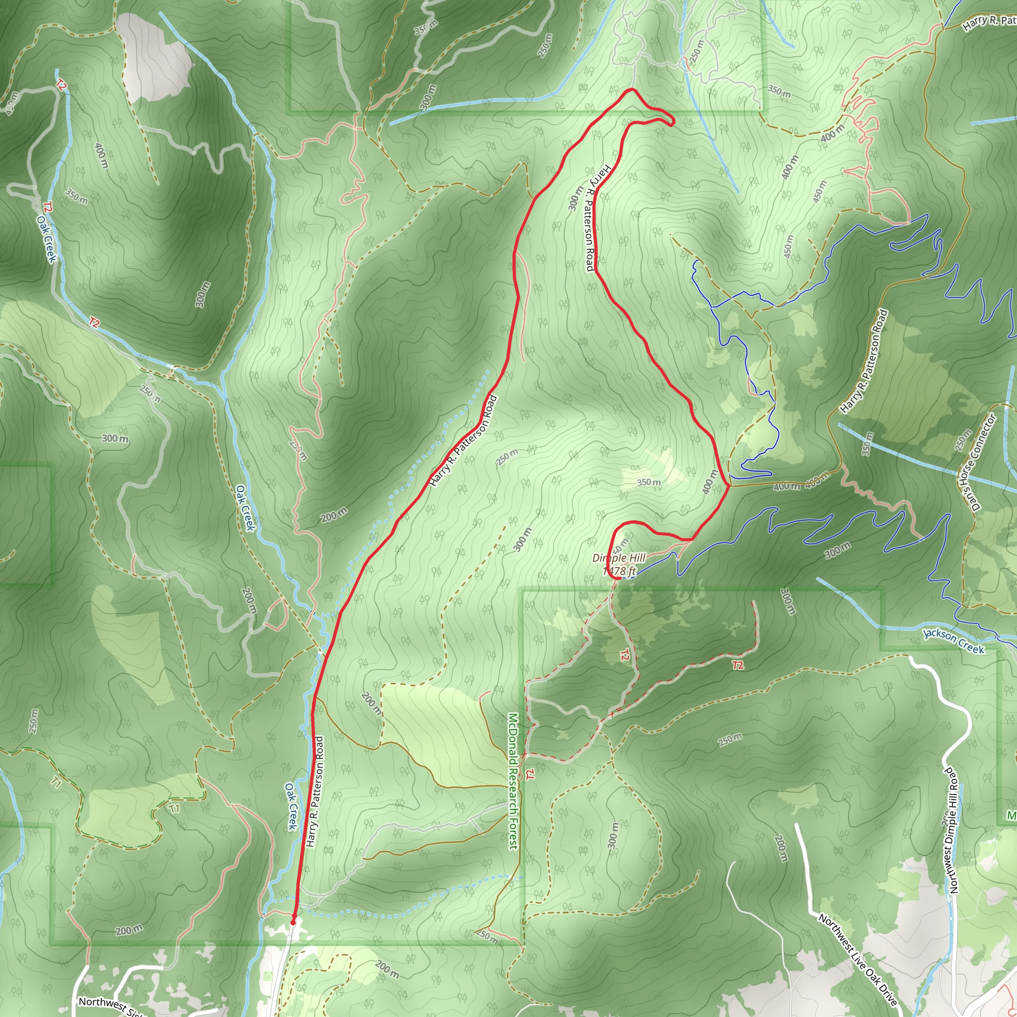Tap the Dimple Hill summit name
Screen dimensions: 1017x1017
pyautogui.click(x=619, y=558)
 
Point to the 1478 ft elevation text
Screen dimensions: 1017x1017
pyautogui.click(x=620, y=571)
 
